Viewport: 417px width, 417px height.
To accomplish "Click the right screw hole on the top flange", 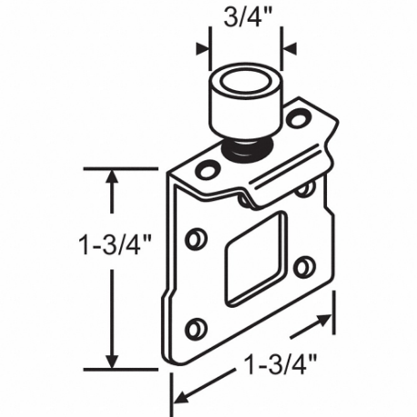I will pos(296,118).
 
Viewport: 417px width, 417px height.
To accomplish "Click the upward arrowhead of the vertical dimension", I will pos(111,177).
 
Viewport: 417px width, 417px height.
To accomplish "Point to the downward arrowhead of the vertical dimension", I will pos(111,361).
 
